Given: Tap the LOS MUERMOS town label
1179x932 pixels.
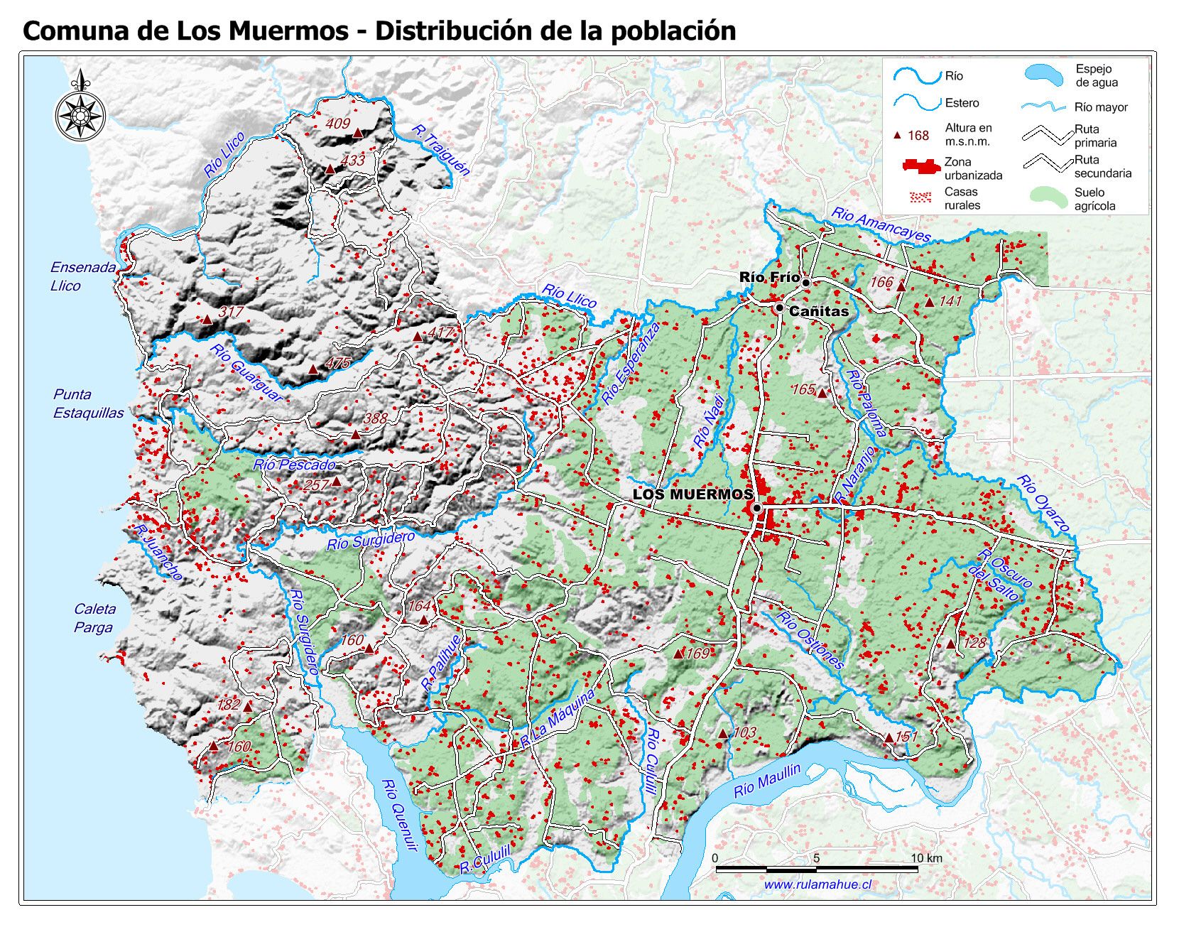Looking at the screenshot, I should coord(692,494).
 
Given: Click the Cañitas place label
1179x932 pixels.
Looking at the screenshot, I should coord(818,311).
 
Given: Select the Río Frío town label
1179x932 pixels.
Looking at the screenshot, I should coord(768,277).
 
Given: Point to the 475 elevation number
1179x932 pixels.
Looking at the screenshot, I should coord(338,363).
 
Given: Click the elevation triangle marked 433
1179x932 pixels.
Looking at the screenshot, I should coord(330,169).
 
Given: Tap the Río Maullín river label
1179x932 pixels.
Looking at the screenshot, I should coord(766,781).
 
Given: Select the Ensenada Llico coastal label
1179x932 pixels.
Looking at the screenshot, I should coord(82,276).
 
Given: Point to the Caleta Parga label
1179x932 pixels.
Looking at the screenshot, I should coord(94,618).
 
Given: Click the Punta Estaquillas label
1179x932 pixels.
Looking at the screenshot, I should coord(88,403).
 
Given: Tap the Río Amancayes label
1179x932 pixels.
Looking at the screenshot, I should coord(881,225).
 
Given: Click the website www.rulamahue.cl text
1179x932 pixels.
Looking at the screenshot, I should coord(817,884).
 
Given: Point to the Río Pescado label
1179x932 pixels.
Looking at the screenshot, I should coord(294,465).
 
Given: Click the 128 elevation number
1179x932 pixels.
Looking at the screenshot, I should coord(975,642).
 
